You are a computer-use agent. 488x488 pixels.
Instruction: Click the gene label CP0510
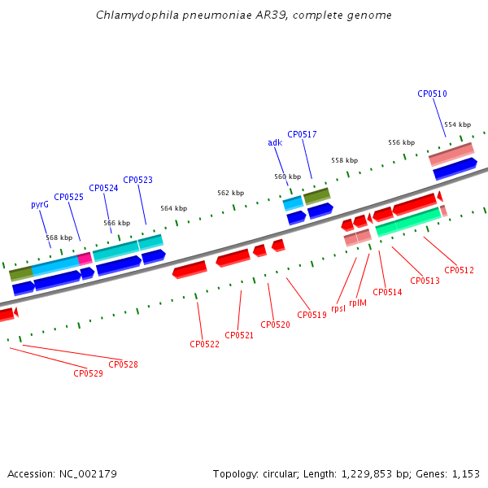coord(432,94)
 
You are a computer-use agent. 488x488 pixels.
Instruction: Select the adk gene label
coord(275,142)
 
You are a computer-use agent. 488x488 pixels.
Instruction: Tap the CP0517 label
coord(302,134)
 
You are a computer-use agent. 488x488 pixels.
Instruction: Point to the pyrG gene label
coord(40,205)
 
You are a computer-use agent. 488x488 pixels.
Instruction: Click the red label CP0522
coord(204,344)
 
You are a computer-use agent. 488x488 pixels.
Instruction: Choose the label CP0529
coord(88,373)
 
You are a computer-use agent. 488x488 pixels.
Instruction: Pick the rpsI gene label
coord(338,308)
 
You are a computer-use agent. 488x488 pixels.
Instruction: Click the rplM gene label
coord(358,303)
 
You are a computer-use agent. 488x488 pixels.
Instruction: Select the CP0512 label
coord(459,270)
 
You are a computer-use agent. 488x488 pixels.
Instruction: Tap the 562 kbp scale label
coord(231,193)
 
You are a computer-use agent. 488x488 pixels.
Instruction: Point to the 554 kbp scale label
coord(457,124)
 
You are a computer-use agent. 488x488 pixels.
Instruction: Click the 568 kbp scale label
coord(59,237)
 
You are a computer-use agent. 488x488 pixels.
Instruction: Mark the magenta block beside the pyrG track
coord(85,259)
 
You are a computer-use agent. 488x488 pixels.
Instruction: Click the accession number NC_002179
coord(88,474)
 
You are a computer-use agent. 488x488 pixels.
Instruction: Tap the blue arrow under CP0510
coord(455,168)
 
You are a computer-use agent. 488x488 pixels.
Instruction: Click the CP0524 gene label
coord(103,189)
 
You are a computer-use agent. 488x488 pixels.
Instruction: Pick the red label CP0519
coord(312,315)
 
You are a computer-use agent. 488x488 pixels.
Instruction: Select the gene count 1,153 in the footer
coord(465,474)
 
